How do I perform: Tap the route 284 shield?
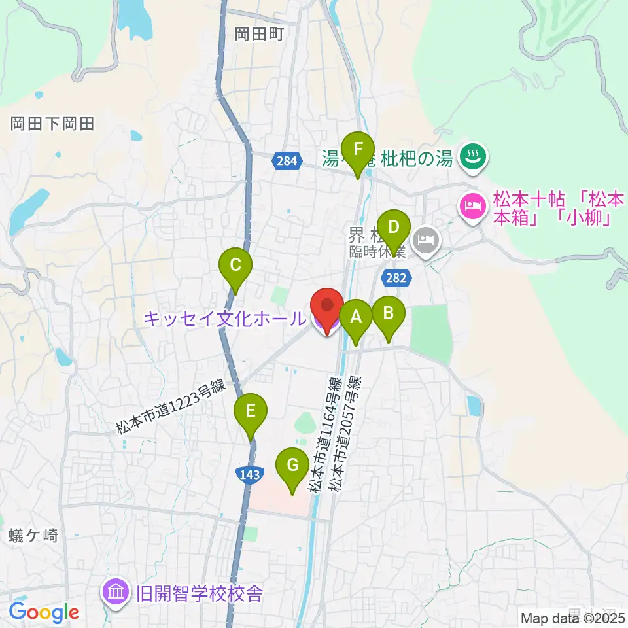point(290,160)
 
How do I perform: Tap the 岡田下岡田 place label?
point(53,124)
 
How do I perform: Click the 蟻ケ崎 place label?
point(34,536)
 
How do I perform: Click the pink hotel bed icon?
point(471,207)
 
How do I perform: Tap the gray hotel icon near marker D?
point(427,239)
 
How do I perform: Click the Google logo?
point(44,612)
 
